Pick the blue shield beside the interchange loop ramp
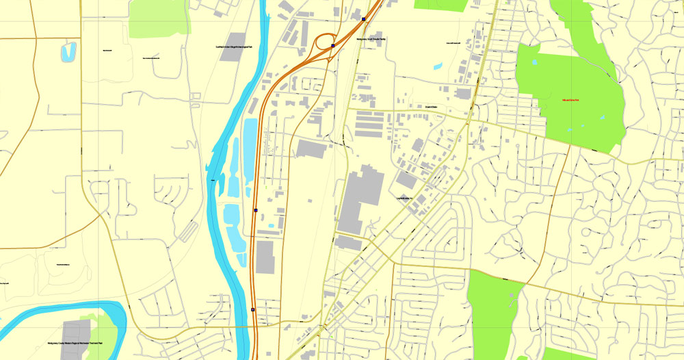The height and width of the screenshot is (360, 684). coord(332,46)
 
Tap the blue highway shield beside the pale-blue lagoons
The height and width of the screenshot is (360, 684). coord(255,210)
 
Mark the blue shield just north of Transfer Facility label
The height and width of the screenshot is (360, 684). coord(364,19)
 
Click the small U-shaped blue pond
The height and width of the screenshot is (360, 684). coord(68,52)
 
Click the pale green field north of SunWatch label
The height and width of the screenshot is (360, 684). coord(159,17)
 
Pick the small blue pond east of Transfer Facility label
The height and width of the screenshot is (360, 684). coord(437,66)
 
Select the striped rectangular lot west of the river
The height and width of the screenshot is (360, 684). coord(187,232)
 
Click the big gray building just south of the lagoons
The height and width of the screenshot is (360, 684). coord(265,257)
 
